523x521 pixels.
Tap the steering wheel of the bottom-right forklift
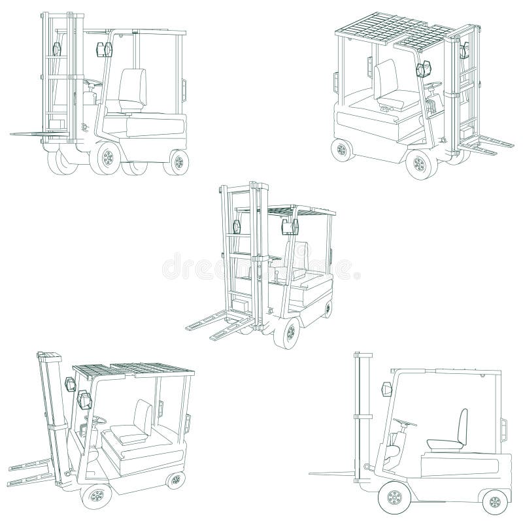[x=405, y=422]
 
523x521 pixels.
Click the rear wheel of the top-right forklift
[x=341, y=150]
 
